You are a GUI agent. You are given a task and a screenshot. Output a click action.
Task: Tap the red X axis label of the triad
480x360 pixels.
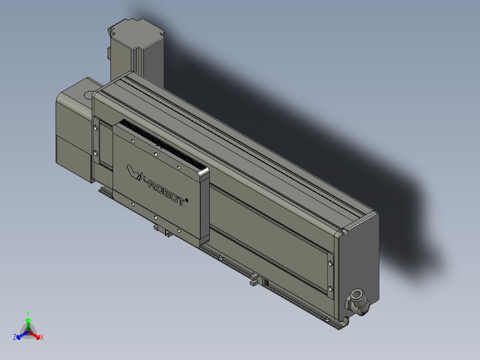41,338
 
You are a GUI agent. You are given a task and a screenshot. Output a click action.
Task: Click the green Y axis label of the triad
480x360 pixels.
28,313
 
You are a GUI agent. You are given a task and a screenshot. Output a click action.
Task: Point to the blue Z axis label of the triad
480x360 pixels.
15,338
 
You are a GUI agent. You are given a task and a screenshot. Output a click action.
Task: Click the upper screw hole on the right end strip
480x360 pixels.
329,263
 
